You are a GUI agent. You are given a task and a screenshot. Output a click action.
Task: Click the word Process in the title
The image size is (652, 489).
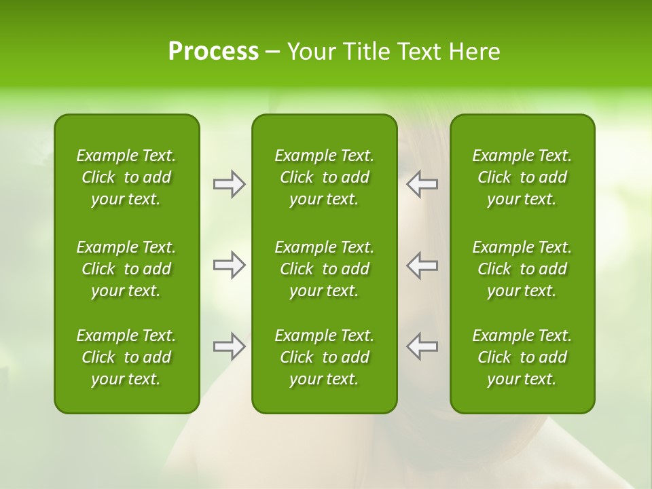[x=213, y=52]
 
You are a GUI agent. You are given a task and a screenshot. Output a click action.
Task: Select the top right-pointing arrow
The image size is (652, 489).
[x=230, y=184]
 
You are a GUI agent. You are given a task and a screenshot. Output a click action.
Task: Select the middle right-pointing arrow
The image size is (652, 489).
[x=230, y=265]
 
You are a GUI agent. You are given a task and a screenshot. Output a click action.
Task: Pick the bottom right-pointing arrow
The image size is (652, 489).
[x=230, y=346]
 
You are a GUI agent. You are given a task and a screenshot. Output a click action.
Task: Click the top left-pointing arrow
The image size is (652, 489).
[x=422, y=184]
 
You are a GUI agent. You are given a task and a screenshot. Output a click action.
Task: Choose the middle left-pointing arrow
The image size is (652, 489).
[x=422, y=265]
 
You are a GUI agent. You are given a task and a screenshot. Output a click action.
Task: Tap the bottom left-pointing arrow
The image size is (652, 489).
[x=422, y=346]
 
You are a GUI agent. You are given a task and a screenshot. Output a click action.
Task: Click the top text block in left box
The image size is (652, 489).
[x=126, y=177]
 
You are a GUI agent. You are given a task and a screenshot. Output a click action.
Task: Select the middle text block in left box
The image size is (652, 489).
[x=126, y=269]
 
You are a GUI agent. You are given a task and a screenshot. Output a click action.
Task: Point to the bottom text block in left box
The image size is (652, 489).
[x=126, y=357]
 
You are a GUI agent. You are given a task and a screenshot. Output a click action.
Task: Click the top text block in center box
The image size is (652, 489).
[x=325, y=177]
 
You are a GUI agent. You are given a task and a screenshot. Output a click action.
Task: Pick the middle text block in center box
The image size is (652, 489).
[x=325, y=269]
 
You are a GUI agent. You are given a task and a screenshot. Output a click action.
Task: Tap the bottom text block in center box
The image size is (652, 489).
[x=325, y=357]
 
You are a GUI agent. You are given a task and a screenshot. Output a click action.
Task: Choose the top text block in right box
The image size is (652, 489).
[x=522, y=177]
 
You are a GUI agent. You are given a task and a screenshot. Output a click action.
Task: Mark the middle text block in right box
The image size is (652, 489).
[x=522, y=269]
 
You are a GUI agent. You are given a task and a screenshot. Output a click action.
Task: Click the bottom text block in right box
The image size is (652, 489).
[x=522, y=357]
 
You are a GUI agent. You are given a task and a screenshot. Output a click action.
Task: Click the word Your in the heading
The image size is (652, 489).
[x=310, y=52]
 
